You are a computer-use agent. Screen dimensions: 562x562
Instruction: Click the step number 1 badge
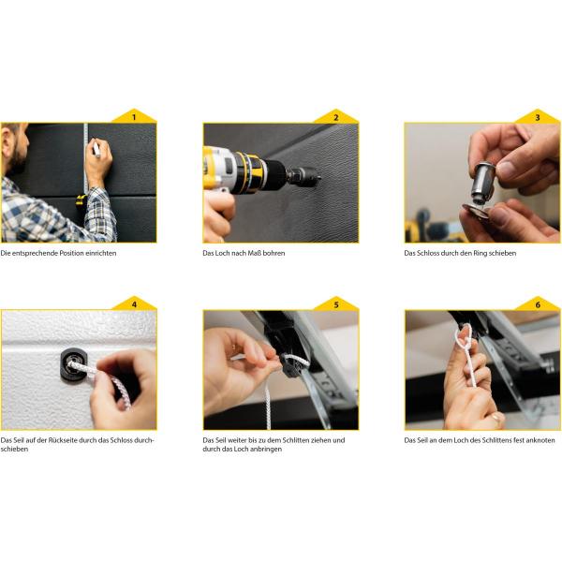(x=134, y=117)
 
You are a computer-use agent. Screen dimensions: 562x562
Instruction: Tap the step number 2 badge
(x=336, y=117)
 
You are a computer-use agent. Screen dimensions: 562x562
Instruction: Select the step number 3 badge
(x=538, y=117)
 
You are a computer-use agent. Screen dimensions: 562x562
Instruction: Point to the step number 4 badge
(x=134, y=304)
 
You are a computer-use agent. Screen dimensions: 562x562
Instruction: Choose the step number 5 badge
(x=336, y=304)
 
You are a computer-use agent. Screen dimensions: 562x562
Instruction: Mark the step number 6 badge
(x=538, y=304)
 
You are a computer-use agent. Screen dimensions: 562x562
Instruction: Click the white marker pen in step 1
(x=96, y=149)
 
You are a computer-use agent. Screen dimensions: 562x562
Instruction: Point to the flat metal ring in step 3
(x=475, y=212)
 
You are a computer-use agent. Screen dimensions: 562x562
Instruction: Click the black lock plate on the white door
(x=73, y=365)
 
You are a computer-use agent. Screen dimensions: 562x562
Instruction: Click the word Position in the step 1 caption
(x=72, y=253)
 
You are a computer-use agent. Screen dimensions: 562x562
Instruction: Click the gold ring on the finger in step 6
(x=495, y=416)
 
